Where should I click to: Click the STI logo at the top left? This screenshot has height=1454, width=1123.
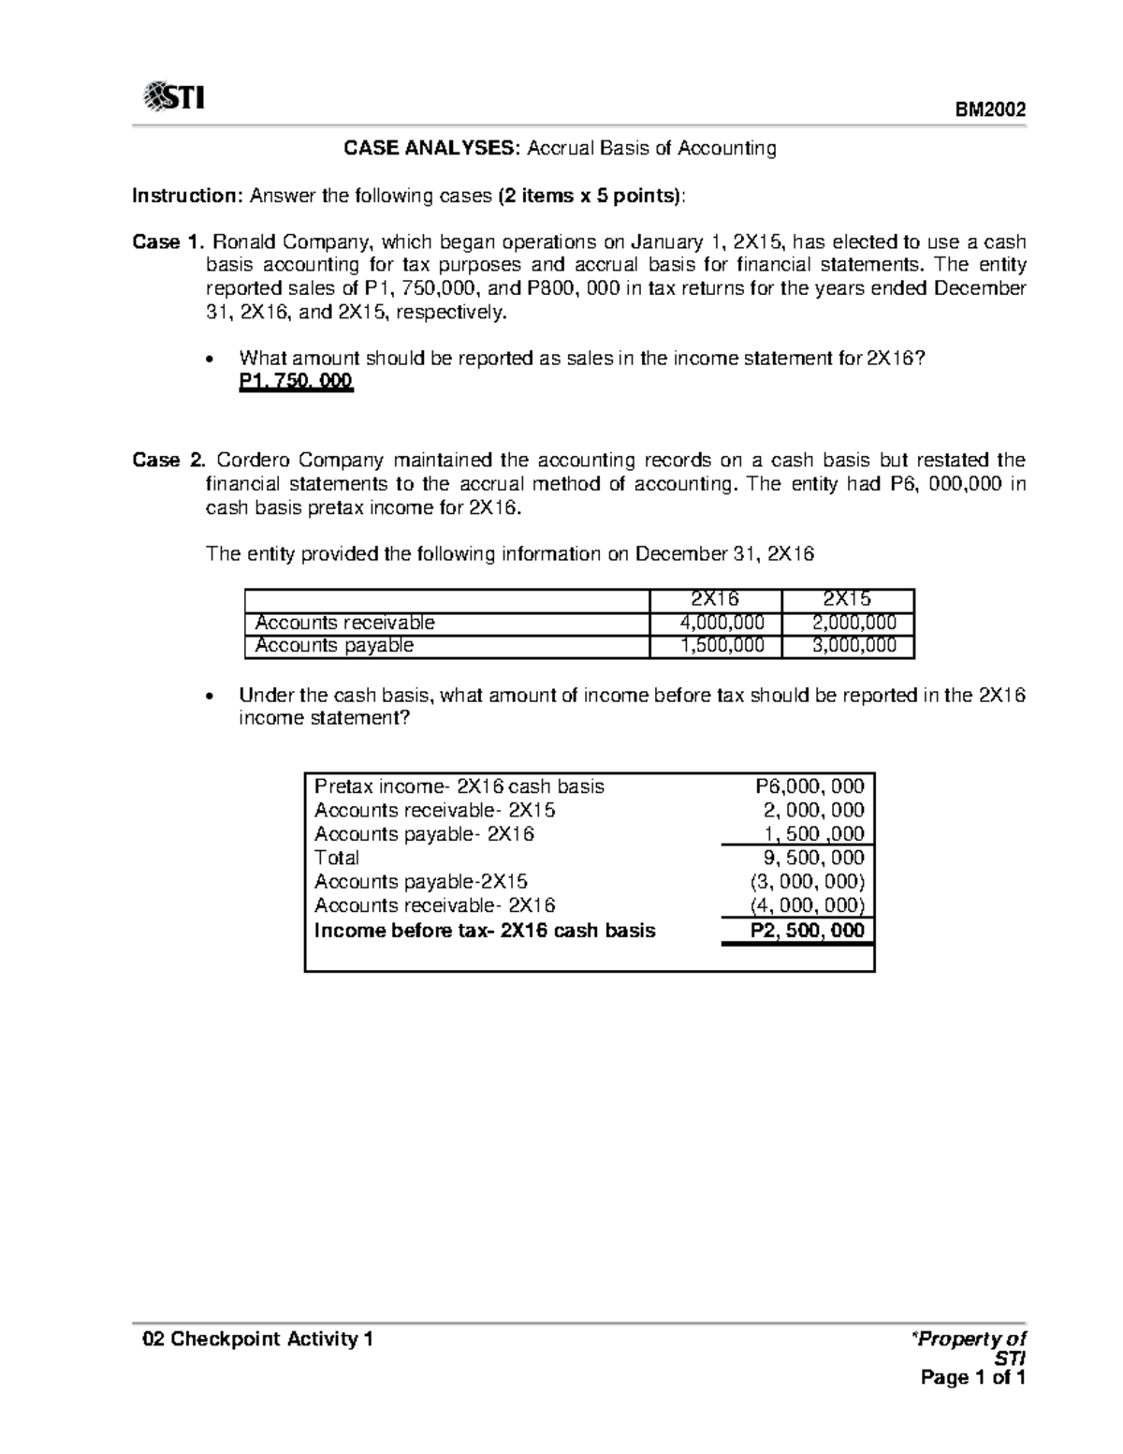[174, 96]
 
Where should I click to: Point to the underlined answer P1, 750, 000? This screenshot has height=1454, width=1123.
[296, 382]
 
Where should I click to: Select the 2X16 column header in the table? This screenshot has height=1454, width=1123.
[715, 600]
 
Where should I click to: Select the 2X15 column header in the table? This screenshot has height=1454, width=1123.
[847, 600]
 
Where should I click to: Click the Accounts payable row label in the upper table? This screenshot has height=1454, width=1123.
[334, 645]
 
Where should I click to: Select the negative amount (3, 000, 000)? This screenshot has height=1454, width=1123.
[807, 881]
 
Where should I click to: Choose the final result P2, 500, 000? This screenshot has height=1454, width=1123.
[808, 931]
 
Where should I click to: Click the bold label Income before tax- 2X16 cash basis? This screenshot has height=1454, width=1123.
[485, 931]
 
